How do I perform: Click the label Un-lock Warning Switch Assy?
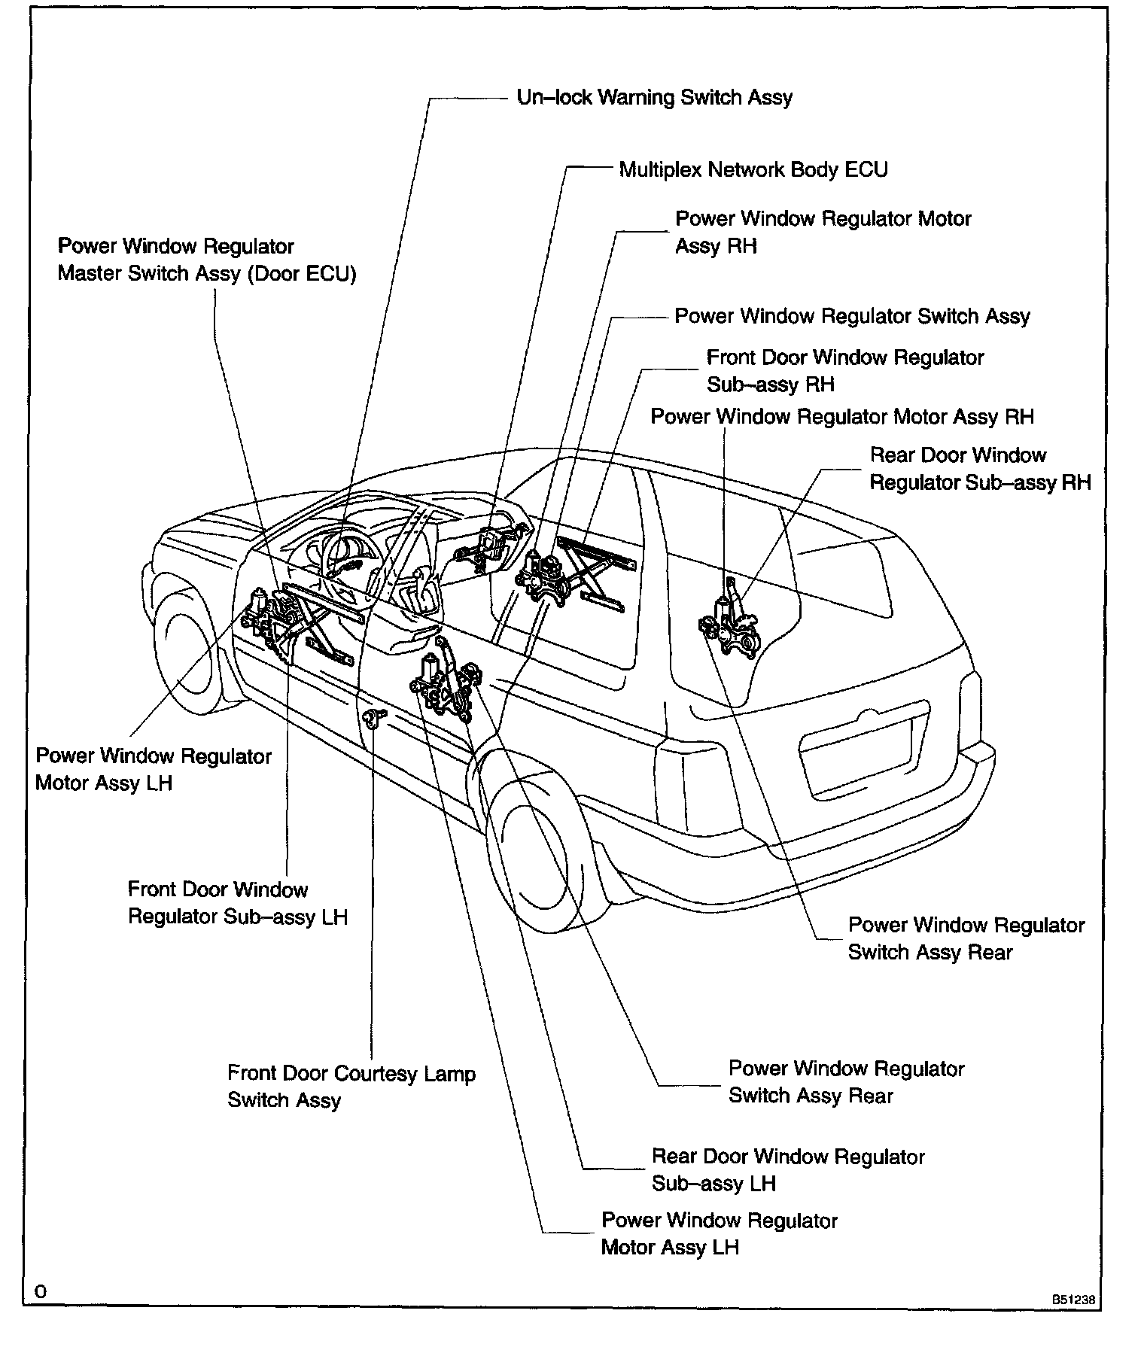[x=654, y=98]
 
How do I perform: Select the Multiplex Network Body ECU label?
[x=753, y=169]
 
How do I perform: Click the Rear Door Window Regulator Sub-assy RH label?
[x=980, y=468]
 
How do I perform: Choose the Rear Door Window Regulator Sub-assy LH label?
[x=788, y=1169]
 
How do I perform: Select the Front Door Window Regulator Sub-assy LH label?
[x=237, y=903]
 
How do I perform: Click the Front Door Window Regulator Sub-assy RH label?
[x=844, y=370]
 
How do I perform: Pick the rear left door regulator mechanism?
[x=444, y=685]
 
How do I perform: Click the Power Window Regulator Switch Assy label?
[x=852, y=316]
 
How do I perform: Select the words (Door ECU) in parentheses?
[x=301, y=273]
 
